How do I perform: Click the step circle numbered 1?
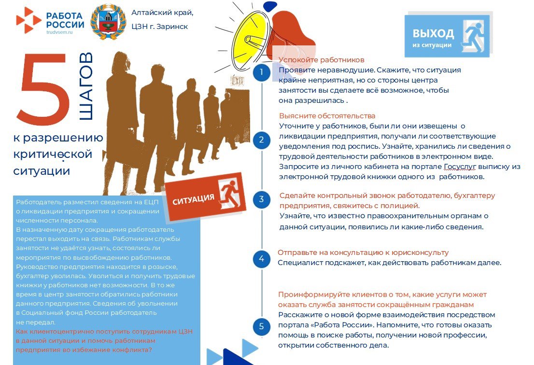(x=261, y=72)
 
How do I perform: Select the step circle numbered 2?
(x=261, y=140)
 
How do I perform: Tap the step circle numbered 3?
(x=261, y=199)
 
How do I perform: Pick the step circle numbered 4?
(x=261, y=258)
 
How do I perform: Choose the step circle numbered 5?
(x=261, y=326)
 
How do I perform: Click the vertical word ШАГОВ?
(x=86, y=87)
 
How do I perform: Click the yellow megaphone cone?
(x=250, y=36)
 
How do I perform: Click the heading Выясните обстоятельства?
(x=327, y=116)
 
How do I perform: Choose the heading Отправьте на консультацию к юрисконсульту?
(x=363, y=253)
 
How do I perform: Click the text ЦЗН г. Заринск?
(x=160, y=27)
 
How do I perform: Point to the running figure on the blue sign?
(x=473, y=35)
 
